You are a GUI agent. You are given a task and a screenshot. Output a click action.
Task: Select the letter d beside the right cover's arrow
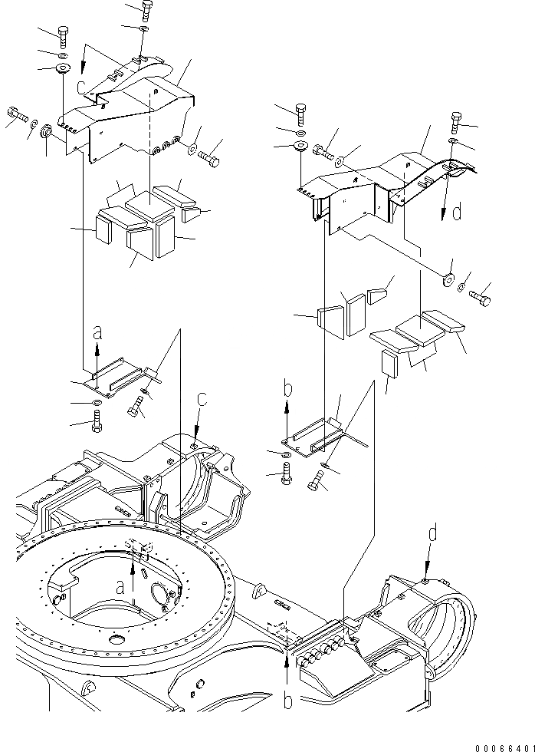(x=457, y=212)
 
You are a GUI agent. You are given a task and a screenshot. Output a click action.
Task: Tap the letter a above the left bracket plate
(x=97, y=333)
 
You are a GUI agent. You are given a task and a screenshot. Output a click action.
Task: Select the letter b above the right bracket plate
(x=287, y=390)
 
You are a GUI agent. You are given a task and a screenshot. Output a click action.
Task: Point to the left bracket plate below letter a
(x=115, y=380)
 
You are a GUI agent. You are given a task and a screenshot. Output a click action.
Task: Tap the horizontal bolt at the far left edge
(x=17, y=117)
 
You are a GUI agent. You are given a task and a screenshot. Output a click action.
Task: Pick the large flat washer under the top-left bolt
(x=62, y=71)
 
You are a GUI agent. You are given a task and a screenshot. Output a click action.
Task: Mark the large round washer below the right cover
(x=447, y=278)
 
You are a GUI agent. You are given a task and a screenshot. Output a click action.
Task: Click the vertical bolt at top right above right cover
(x=456, y=120)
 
